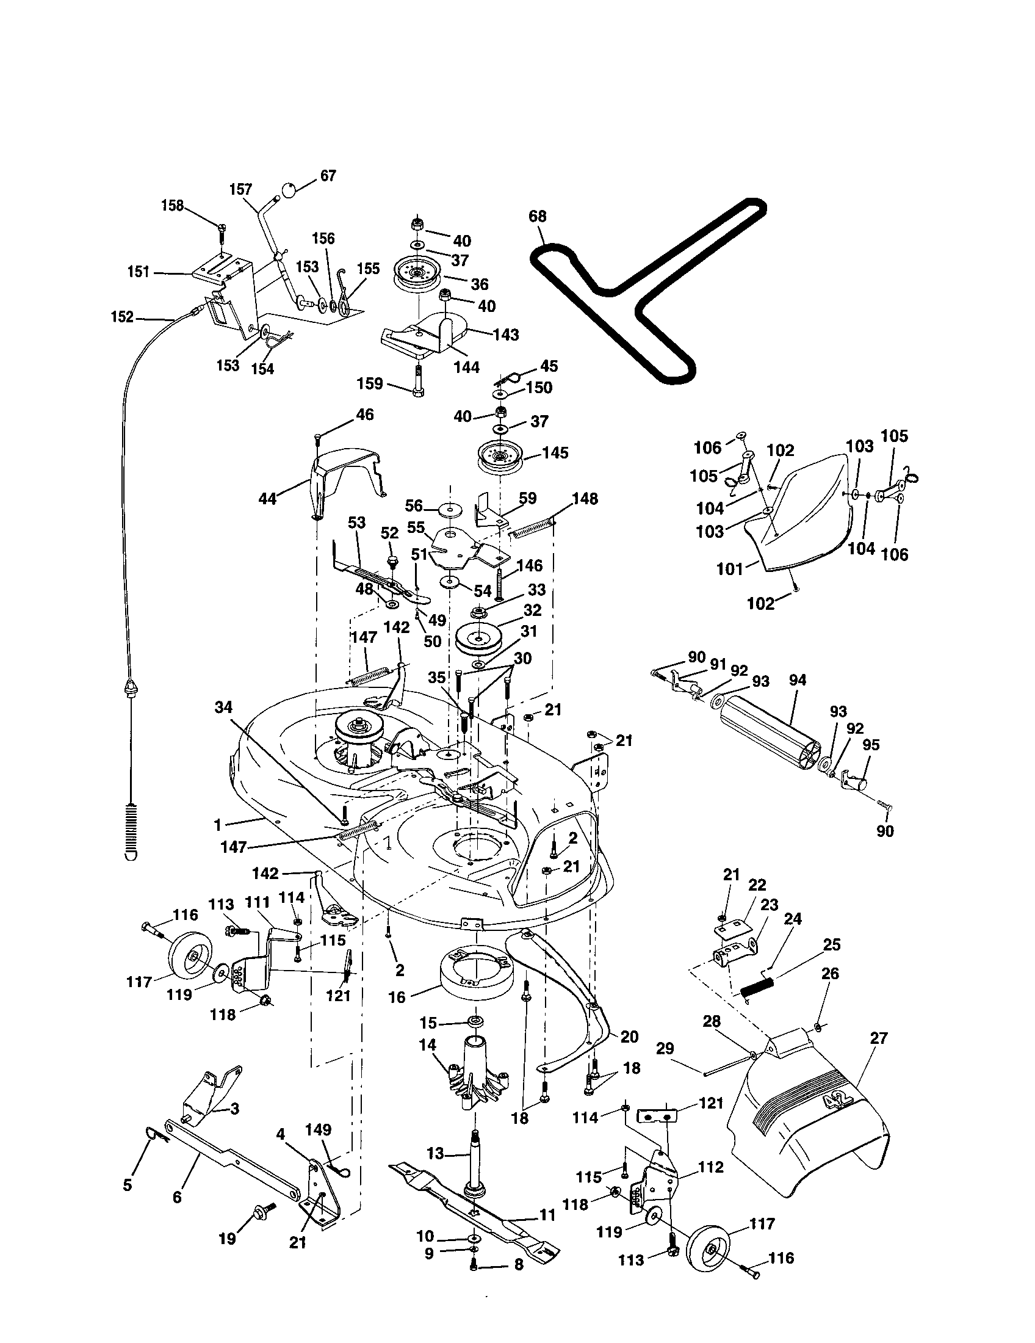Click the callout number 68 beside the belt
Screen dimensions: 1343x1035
click(537, 216)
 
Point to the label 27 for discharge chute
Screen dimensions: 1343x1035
click(879, 1038)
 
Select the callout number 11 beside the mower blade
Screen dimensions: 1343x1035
click(547, 1215)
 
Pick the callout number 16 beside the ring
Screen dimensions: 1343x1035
click(397, 997)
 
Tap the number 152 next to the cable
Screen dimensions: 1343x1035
click(121, 317)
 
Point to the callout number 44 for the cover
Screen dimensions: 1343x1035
click(267, 498)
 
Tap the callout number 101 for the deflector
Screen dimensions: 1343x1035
click(730, 570)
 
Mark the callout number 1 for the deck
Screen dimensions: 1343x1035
click(218, 823)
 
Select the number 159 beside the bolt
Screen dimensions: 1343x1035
click(369, 384)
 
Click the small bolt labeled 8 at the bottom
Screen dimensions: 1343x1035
click(474, 1262)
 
